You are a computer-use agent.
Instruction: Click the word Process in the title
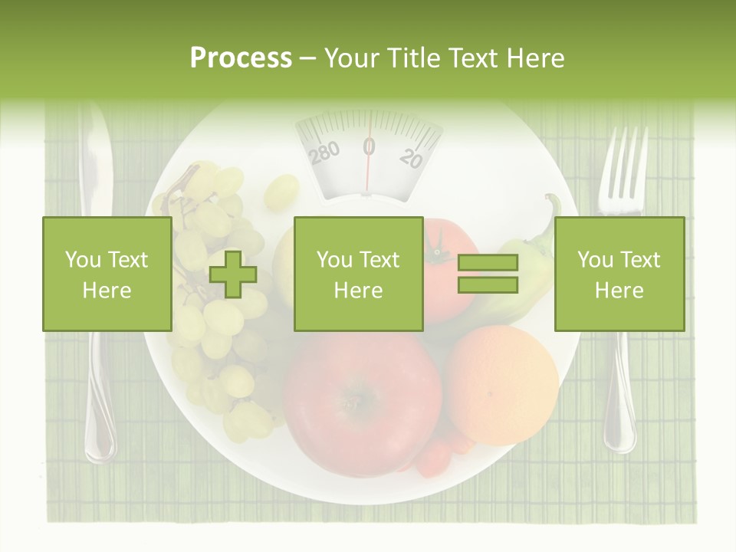(241, 58)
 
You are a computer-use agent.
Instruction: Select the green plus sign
(233, 274)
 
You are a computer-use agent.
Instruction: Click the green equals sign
(488, 274)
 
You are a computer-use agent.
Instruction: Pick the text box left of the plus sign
(107, 274)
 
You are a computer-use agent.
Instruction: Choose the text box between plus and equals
(358, 274)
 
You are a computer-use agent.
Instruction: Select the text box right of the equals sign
(619, 274)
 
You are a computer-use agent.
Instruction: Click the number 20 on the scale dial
(411, 158)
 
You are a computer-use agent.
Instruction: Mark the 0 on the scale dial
(369, 146)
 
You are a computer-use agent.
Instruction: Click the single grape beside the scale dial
(281, 192)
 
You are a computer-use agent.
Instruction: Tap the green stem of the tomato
(439, 247)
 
